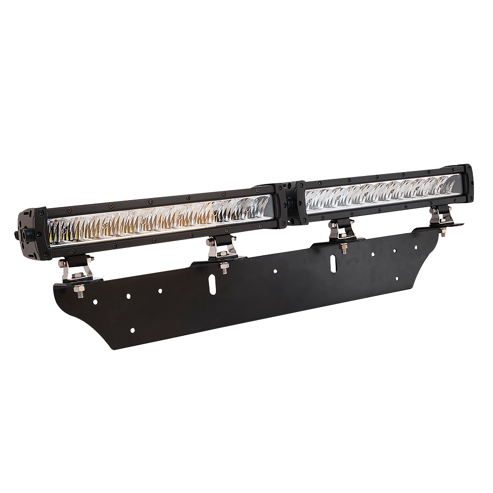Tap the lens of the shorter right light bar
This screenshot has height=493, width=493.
click(x=380, y=194)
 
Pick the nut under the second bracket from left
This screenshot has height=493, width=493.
click(x=224, y=269)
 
